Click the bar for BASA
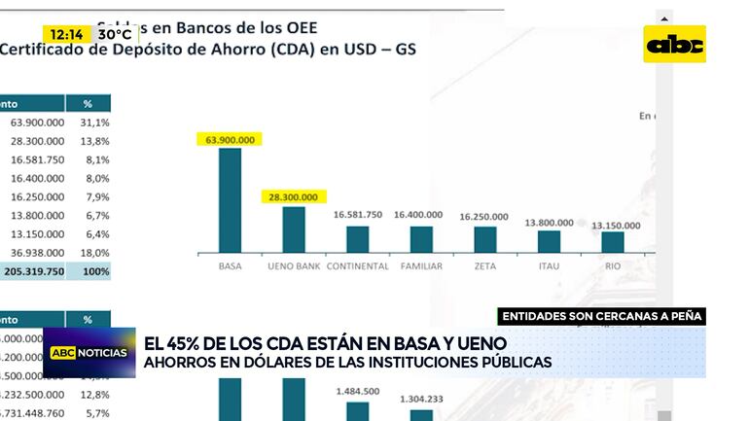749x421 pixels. pos(230,200)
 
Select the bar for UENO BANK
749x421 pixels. pos(294,229)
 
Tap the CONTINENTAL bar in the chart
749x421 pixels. pos(357,239)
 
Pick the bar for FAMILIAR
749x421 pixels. pos(421,239)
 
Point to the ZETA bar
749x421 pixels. pos(484,240)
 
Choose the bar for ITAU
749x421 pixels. pos(549,242)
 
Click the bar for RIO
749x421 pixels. pos(613,242)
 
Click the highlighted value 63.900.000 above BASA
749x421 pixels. pos(230,140)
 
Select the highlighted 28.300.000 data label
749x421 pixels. pos(294,197)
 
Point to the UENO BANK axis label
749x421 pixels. pos(294,266)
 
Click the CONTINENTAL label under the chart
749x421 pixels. pos(357,266)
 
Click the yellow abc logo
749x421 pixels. pos(676,44)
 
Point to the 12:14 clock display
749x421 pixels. pos(68,34)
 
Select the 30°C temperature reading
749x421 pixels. pos(114,34)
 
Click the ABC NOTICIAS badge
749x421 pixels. pos(89,352)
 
